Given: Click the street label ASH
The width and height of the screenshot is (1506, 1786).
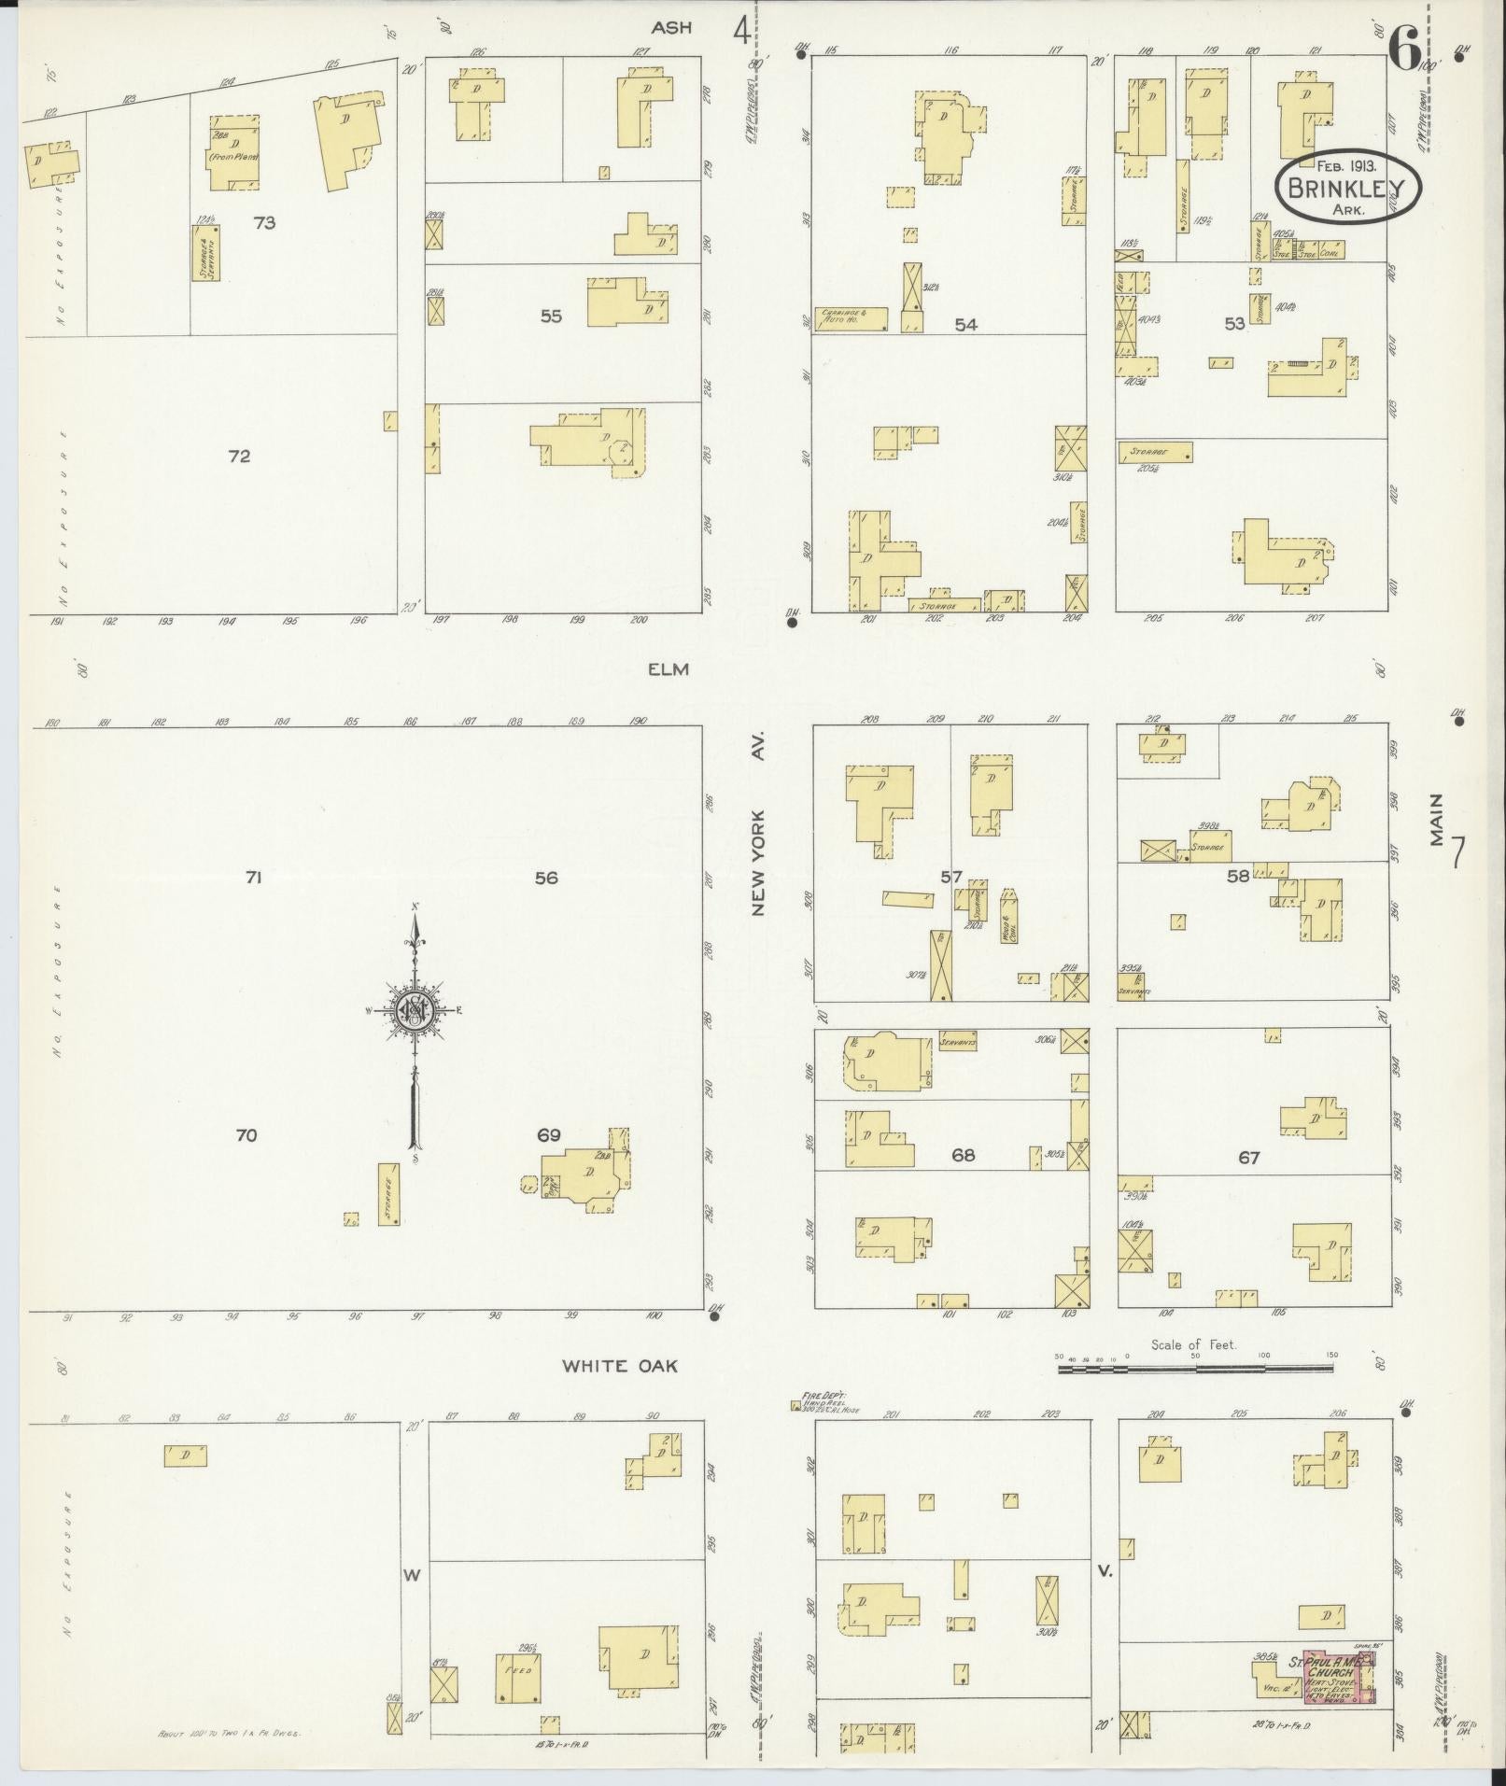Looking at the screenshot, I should click(671, 28).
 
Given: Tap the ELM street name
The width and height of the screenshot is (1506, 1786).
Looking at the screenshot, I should click(670, 668).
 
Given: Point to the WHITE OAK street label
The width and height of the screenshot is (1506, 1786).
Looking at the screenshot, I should click(619, 1365).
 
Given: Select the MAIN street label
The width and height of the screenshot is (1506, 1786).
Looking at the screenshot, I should click(1436, 820).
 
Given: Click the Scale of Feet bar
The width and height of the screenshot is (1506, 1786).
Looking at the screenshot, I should click(1195, 1369).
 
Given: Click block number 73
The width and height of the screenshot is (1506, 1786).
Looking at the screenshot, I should click(264, 223).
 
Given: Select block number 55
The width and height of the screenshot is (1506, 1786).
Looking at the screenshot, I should click(551, 316).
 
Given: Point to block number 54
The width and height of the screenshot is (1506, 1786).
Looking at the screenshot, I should click(965, 324).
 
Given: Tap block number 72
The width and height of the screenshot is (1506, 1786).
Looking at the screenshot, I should click(240, 457).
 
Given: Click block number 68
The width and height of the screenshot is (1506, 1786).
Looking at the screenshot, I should click(963, 1156).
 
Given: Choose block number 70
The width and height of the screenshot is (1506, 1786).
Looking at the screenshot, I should click(246, 1135).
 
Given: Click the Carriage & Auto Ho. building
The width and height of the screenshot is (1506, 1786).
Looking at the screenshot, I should click(852, 317).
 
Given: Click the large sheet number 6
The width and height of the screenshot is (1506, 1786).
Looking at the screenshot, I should click(1404, 47).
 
